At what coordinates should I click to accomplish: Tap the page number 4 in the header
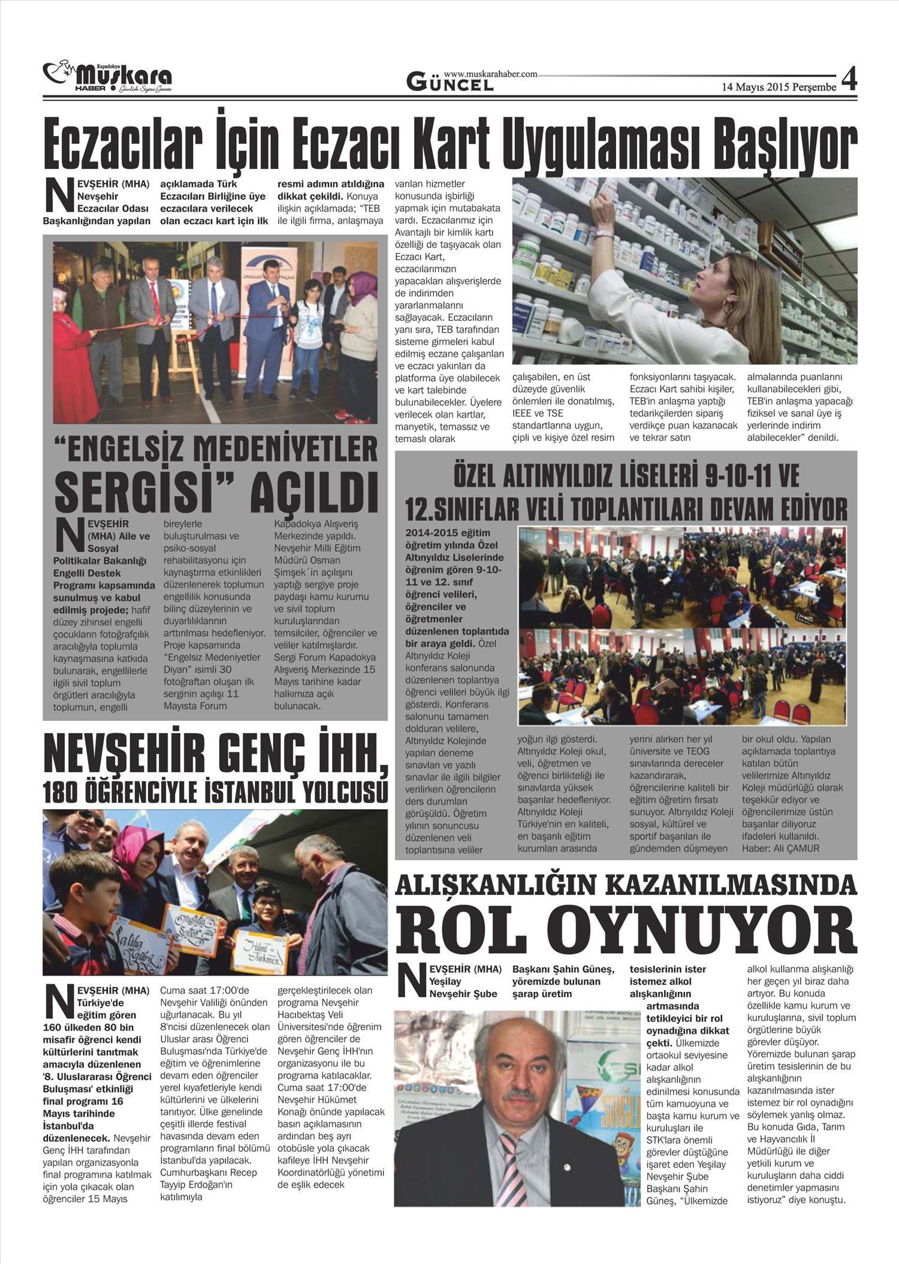[849, 80]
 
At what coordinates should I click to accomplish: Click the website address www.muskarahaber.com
[490, 73]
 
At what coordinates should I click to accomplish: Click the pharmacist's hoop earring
[729, 308]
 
